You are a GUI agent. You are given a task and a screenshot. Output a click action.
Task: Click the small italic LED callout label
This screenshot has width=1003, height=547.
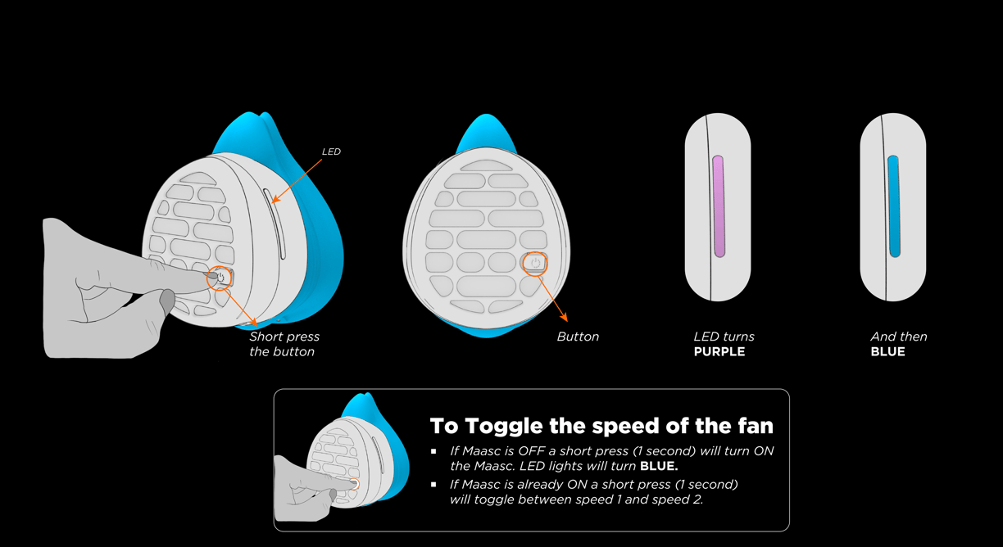click(331, 151)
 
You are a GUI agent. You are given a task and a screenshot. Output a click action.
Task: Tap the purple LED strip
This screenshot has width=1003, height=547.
click(719, 206)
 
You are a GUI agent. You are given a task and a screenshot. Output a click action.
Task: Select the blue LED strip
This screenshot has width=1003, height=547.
click(893, 206)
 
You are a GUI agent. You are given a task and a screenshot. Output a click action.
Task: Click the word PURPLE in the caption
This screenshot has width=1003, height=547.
click(719, 352)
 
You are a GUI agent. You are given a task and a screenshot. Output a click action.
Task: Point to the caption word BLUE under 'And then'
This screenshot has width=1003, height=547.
click(888, 352)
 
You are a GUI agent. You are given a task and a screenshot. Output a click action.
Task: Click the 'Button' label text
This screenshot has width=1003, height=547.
click(578, 337)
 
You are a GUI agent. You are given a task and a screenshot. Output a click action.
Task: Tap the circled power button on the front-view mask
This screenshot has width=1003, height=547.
click(535, 263)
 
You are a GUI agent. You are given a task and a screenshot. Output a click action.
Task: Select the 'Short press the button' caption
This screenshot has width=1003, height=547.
click(284, 344)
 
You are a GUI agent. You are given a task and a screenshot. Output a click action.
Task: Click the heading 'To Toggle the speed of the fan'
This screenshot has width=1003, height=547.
click(601, 426)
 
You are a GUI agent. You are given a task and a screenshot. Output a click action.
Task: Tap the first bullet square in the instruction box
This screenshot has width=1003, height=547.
click(434, 451)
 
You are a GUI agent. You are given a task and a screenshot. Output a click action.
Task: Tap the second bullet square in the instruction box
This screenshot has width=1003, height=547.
click(434, 485)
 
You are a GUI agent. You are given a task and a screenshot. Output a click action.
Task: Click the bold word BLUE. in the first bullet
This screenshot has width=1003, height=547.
click(659, 467)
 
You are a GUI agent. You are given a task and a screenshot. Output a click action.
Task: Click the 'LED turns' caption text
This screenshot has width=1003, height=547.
click(724, 337)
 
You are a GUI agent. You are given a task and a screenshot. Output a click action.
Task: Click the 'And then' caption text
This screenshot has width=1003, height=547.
click(899, 337)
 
